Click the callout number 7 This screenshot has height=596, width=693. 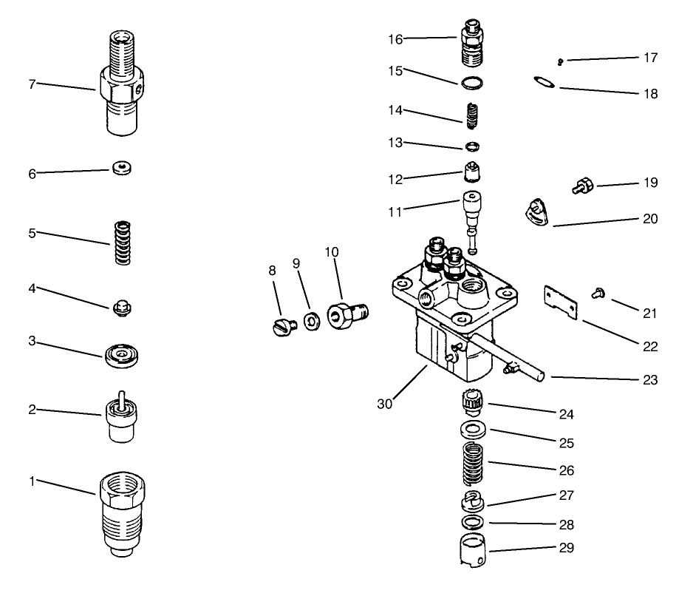pyautogui.click(x=32, y=84)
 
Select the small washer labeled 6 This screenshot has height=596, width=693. pyautogui.click(x=123, y=169)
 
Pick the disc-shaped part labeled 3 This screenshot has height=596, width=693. pyautogui.click(x=123, y=356)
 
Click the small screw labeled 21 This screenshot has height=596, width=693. pyautogui.click(x=598, y=294)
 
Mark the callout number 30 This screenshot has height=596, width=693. pyautogui.click(x=383, y=404)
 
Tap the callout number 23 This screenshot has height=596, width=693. pyautogui.click(x=649, y=380)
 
